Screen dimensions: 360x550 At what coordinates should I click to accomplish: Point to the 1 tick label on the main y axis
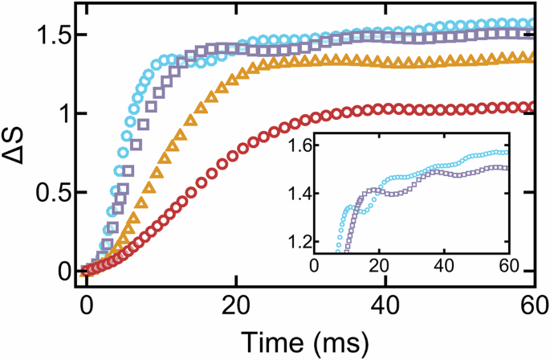tap(62, 114)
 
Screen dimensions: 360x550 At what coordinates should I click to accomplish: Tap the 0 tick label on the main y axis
tap(62, 272)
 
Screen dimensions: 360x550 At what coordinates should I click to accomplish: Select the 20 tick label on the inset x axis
tap(378, 267)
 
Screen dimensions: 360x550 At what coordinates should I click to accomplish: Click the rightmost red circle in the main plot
tap(528, 106)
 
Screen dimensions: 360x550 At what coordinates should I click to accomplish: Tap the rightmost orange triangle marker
tap(528, 57)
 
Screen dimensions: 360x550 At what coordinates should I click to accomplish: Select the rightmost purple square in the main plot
tap(528, 33)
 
